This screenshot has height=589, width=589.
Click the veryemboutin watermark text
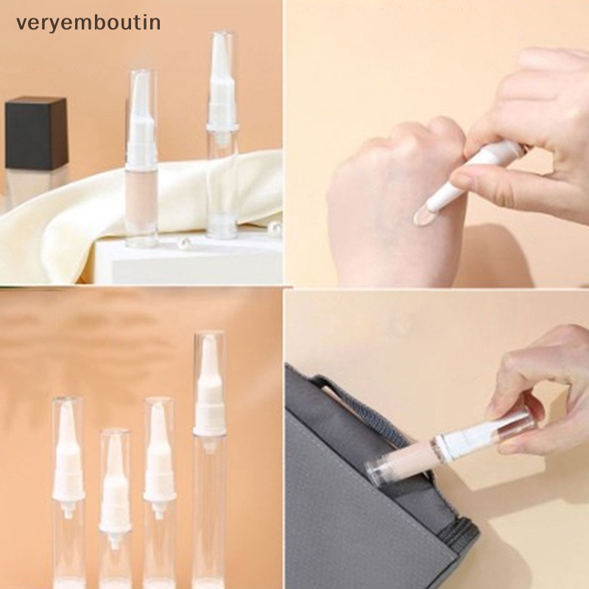[88, 23]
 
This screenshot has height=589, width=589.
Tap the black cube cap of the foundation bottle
[36, 133]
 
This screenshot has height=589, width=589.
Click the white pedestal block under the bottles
[184, 261]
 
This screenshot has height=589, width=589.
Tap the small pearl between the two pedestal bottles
[181, 242]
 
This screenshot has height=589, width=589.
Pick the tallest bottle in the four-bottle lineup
[210, 456]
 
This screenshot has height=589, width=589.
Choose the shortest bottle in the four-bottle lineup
[116, 508]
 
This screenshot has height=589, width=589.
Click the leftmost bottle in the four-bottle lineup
[68, 493]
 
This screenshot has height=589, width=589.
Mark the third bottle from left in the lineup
[160, 493]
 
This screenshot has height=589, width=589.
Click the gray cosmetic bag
[353, 501]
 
